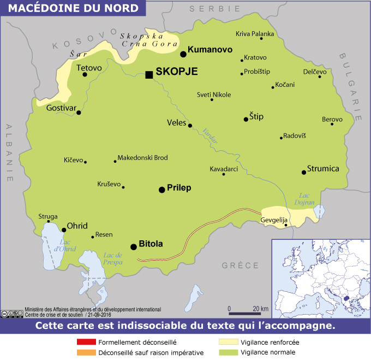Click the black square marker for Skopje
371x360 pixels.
[x=149, y=75]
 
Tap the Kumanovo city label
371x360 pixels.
[x=210, y=50]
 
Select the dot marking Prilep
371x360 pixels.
[x=161, y=190]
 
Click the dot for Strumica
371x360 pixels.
[x=303, y=173]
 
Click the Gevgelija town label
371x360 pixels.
[x=274, y=220]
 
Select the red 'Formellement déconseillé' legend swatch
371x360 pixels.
[x=86, y=343]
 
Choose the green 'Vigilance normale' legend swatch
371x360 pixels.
[x=229, y=352]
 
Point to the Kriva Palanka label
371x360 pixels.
[x=254, y=34]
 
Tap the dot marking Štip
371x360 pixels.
[x=246, y=119]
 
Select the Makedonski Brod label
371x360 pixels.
[x=142, y=158]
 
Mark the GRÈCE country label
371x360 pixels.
[x=240, y=265]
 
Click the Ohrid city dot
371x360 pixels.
[x=64, y=230]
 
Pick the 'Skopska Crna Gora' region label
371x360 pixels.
[x=148, y=39]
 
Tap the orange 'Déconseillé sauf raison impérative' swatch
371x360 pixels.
[x=86, y=352]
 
